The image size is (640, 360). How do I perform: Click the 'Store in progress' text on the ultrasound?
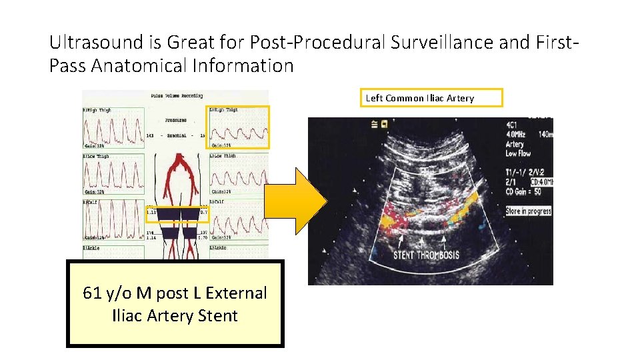point(528,211)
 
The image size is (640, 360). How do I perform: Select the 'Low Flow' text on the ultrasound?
point(518,153)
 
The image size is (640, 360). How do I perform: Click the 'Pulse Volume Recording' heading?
point(175,96)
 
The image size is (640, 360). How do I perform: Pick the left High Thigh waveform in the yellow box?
point(239,127)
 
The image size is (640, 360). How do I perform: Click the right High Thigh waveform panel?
point(112,127)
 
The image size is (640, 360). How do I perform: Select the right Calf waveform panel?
point(112,220)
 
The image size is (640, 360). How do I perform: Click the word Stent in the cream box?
point(217,315)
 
